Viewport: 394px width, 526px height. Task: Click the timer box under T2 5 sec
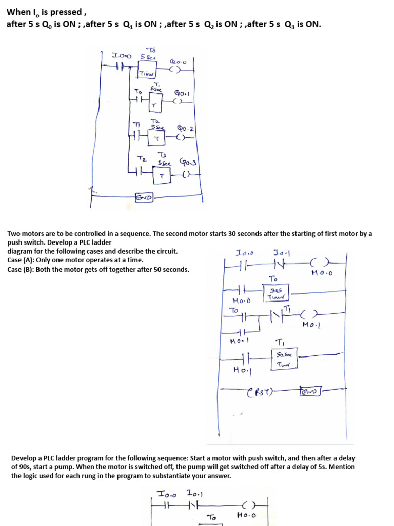pyautogui.click(x=157, y=138)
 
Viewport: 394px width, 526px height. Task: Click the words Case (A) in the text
pyautogui.click(x=19, y=260)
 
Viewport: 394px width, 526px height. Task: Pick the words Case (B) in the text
pyautogui.click(x=19, y=269)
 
